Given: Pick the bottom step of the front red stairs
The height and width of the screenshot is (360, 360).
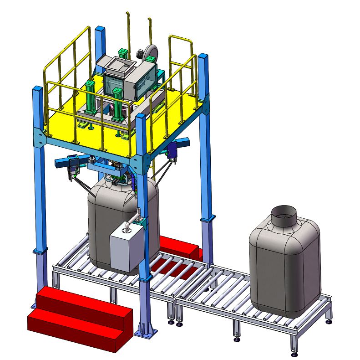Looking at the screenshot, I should [x=77, y=330].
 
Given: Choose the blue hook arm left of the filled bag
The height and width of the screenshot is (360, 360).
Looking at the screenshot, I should [x=67, y=161].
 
